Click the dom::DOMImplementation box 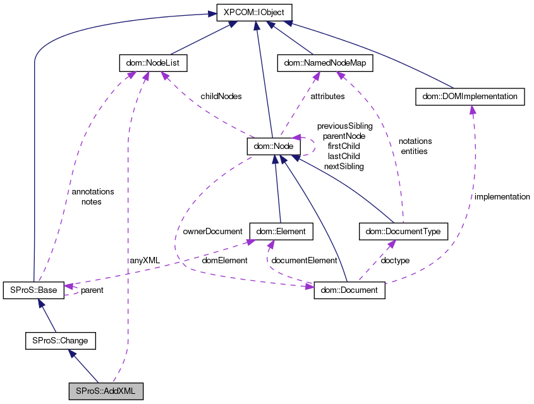470,97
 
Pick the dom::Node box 272,146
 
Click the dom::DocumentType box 403,232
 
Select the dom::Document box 349,290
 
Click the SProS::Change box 60,341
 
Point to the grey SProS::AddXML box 106,391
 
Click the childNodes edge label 221,97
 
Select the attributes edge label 327,97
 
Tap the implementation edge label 502,197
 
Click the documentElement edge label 305,260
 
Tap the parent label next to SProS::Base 92,290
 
